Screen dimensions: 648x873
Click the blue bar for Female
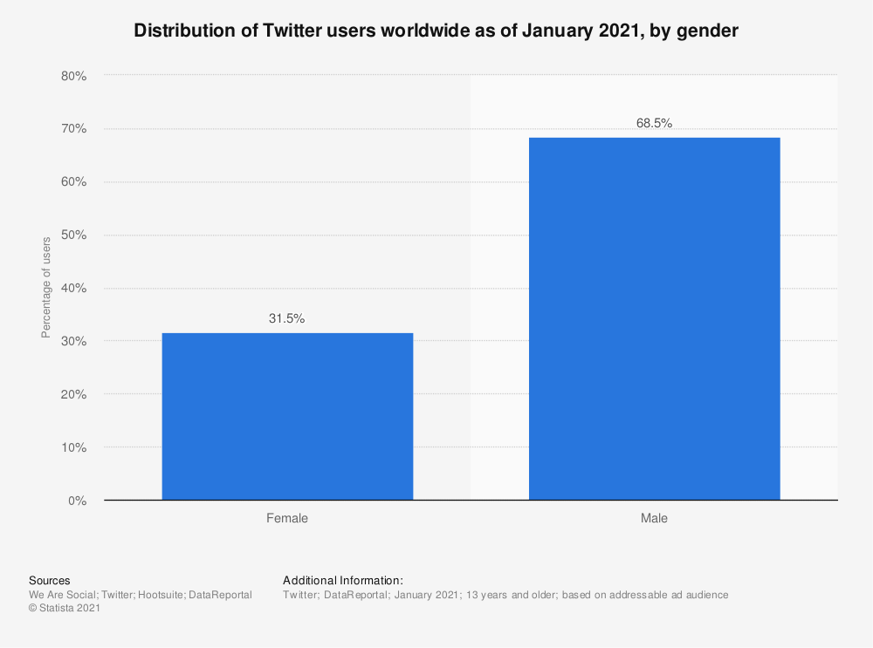287,417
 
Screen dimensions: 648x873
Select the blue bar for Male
654,319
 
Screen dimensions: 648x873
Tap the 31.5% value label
286,319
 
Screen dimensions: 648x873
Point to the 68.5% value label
654,124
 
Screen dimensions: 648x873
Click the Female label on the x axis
287,518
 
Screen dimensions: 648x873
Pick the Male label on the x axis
654,518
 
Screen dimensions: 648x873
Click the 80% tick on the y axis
73,77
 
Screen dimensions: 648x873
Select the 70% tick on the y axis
73,129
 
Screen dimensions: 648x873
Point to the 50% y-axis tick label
73,235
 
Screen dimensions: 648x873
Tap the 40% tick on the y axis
73,289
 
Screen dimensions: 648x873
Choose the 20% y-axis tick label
73,395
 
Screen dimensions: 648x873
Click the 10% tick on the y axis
73,448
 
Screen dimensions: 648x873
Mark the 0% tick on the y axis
77,501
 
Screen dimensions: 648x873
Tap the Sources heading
50,581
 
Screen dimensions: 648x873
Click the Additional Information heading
343,581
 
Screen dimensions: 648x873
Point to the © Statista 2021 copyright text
65,609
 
